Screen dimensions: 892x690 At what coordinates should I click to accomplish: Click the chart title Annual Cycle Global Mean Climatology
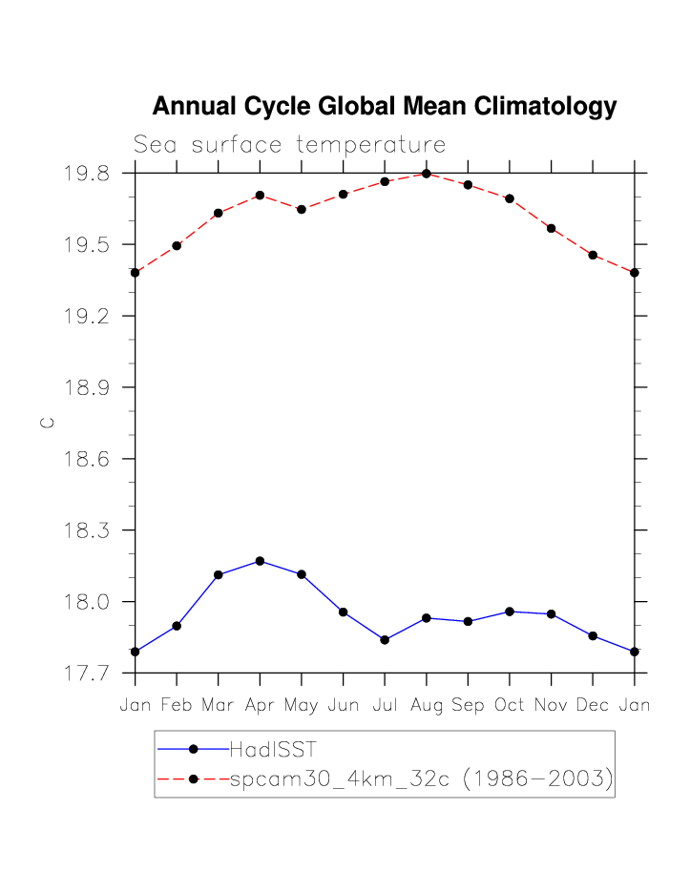[385, 106]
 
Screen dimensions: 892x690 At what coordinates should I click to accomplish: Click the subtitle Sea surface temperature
[289, 145]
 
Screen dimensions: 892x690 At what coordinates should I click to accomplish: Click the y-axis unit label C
[47, 423]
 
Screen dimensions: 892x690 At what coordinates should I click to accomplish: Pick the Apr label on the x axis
[260, 706]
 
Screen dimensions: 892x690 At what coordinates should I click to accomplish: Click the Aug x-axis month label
[426, 706]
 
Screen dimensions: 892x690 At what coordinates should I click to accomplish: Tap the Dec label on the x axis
[593, 706]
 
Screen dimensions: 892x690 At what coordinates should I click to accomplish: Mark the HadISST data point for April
[260, 561]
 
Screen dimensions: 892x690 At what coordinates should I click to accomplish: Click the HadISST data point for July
[385, 640]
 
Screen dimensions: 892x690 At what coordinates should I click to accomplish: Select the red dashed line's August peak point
[426, 174]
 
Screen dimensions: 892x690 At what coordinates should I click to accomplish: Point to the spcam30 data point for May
[302, 209]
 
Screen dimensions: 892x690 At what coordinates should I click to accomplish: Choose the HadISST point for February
[177, 626]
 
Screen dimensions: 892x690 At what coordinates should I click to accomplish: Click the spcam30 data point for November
[551, 228]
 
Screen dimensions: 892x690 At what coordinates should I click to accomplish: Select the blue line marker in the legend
[193, 749]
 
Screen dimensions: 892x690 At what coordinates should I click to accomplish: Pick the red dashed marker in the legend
[193, 779]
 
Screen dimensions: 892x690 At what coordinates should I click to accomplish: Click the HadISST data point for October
[510, 612]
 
